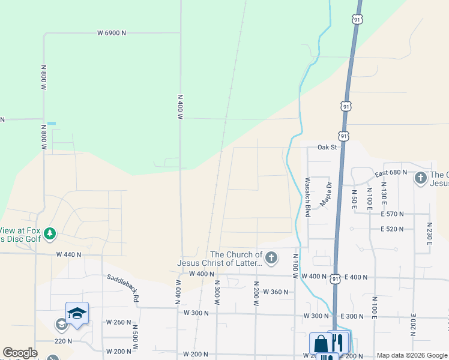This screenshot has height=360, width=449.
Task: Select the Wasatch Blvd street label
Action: tap(307, 197)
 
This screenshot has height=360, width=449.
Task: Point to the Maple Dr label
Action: tap(326, 194)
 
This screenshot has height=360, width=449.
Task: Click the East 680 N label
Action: tap(391, 173)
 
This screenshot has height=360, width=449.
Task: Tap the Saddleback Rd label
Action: tap(123, 287)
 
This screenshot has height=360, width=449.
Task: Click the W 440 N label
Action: tap(69, 254)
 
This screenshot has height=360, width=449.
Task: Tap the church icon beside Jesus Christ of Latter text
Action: tap(271, 259)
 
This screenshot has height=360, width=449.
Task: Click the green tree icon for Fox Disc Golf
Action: tap(50, 233)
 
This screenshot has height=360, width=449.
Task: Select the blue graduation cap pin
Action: tap(77, 313)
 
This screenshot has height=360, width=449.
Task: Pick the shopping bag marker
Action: tap(321, 344)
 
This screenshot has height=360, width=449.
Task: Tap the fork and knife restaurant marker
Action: tap(338, 343)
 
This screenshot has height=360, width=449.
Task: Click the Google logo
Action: tap(20, 353)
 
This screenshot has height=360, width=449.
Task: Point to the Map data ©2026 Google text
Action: tap(412, 355)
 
